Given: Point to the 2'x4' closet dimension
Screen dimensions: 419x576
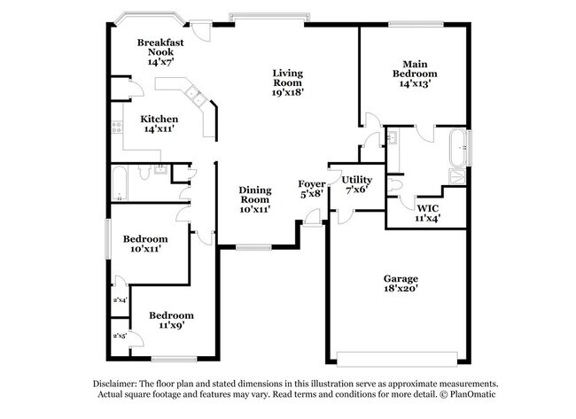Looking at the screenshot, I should (119, 300).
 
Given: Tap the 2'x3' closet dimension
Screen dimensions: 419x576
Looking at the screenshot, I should (119, 336).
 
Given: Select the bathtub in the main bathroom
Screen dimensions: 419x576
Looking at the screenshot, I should (457, 147).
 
